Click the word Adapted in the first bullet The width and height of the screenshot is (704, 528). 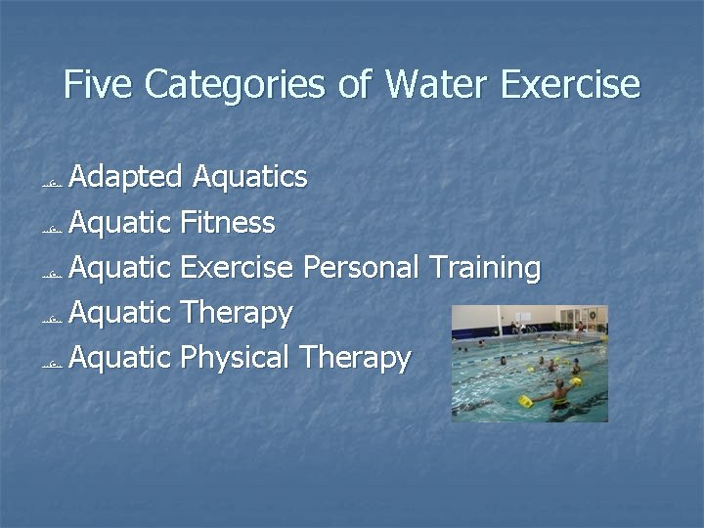[126, 178]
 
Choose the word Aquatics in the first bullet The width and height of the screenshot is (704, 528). [250, 177]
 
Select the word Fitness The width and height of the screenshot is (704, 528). [228, 223]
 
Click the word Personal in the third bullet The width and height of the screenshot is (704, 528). [361, 268]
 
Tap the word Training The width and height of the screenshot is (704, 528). [484, 268]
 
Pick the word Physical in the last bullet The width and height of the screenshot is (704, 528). [235, 358]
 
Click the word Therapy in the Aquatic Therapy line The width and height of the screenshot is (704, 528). [237, 313]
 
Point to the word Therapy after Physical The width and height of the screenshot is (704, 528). [356, 358]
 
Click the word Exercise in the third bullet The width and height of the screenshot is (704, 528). [237, 268]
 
